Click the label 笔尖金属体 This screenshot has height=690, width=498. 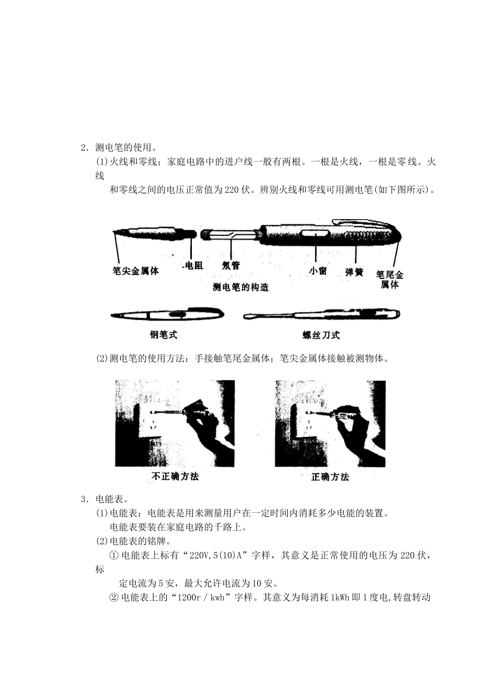click(136, 271)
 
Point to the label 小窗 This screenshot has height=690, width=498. click(318, 271)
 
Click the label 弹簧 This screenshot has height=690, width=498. click(355, 272)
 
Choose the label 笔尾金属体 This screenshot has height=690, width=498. click(390, 279)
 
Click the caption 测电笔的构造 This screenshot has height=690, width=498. click(241, 287)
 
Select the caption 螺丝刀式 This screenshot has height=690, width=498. click(321, 335)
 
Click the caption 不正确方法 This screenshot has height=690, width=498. click(175, 477)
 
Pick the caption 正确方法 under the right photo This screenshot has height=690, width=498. click(330, 477)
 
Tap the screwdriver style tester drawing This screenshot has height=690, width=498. click(322, 315)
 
